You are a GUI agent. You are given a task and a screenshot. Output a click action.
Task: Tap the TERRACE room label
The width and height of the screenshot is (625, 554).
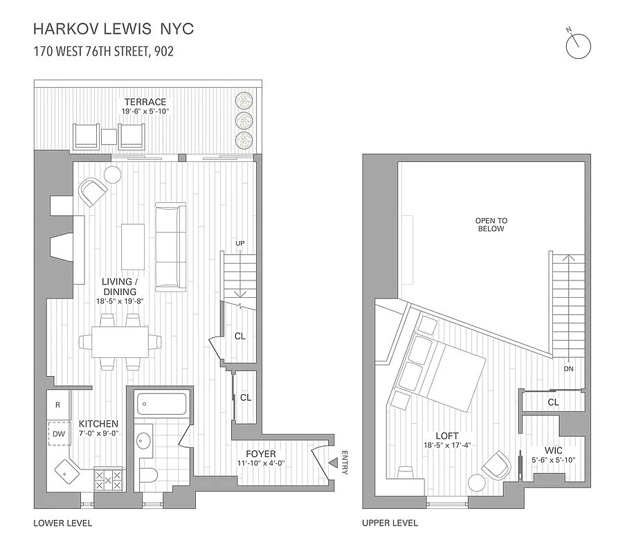pos(145,102)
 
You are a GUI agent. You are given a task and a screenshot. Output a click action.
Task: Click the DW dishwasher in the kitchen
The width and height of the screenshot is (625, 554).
pos(59,434)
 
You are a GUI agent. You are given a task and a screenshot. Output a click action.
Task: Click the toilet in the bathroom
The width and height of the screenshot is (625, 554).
pos(149,474)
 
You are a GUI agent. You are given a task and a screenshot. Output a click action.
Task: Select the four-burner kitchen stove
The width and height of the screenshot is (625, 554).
pos(107,479)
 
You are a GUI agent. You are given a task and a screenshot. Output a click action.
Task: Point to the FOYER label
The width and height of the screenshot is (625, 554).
pos(260,454)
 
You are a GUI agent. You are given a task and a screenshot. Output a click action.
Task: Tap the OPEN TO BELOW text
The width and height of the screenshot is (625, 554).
pos(491,225)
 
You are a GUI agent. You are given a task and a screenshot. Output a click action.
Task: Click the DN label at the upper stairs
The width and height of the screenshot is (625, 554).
pos(568,369)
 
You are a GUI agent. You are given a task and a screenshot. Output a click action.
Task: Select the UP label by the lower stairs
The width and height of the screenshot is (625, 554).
pos(240,243)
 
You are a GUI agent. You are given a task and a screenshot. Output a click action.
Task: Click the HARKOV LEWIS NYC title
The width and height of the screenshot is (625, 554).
pos(114,29)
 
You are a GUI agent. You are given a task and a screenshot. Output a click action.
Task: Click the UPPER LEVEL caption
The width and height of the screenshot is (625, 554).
pos(390,523)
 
